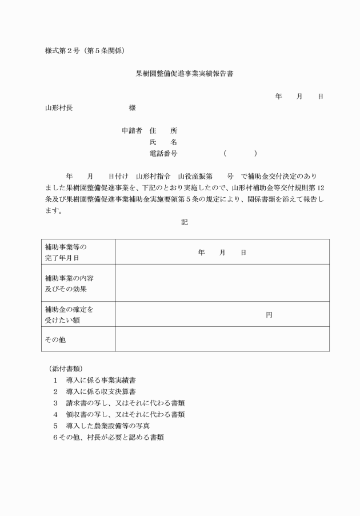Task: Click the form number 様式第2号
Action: click(x=62, y=51)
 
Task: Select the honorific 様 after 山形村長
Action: click(x=132, y=108)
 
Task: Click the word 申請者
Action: click(x=131, y=131)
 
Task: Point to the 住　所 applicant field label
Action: click(x=163, y=131)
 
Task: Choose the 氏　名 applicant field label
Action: click(x=163, y=142)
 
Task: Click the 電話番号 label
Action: click(x=163, y=154)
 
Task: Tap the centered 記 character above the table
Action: click(x=185, y=222)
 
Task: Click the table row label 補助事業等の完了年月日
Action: click(x=66, y=252)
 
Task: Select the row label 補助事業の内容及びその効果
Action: click(x=69, y=283)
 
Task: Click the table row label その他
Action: click(x=55, y=339)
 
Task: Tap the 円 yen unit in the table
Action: click(x=269, y=315)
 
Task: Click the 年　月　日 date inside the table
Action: click(x=222, y=252)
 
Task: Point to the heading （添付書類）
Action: click(x=66, y=369)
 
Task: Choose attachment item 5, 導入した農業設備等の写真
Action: click(x=107, y=426)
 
